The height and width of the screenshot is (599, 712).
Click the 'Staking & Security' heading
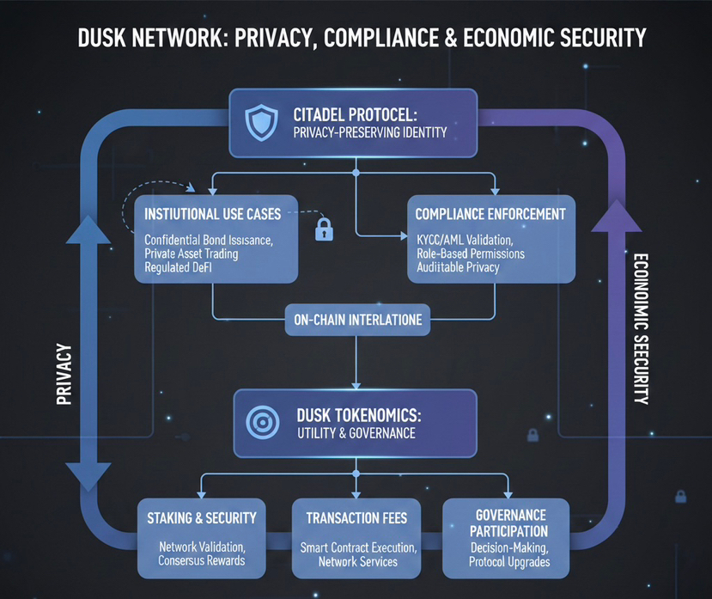[202, 517]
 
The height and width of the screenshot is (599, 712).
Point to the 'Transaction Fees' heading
[356, 517]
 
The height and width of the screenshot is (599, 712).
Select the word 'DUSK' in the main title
[107, 38]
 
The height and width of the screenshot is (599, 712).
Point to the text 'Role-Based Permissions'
[470, 254]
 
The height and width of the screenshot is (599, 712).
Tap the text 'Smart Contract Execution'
[357, 547]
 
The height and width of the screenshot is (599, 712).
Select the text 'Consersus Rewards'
[202, 560]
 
